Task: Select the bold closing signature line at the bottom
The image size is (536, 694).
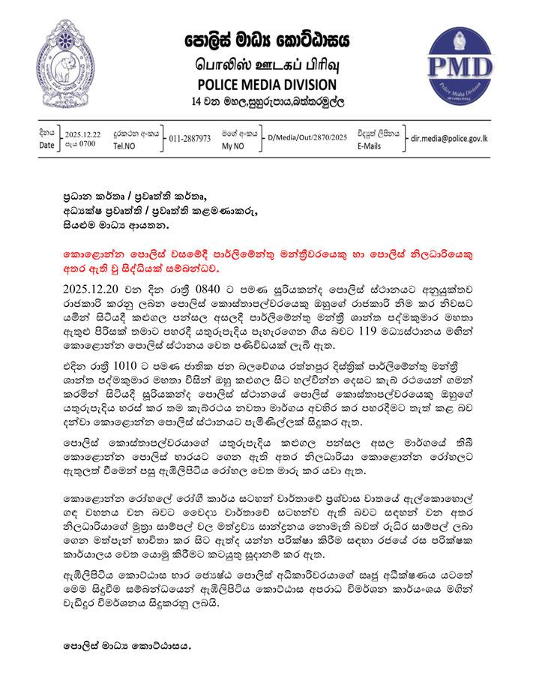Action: pyautogui.click(x=127, y=644)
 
